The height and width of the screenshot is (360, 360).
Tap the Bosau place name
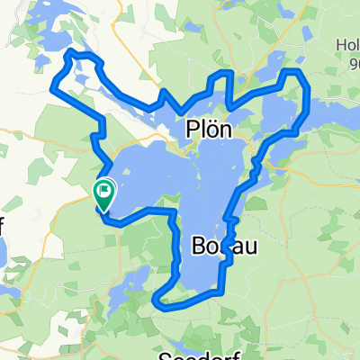tap(220, 247)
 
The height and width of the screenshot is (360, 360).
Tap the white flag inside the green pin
tap(104, 190)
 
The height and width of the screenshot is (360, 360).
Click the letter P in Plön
tap(190, 130)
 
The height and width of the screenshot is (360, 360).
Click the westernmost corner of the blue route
tap(53, 88)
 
